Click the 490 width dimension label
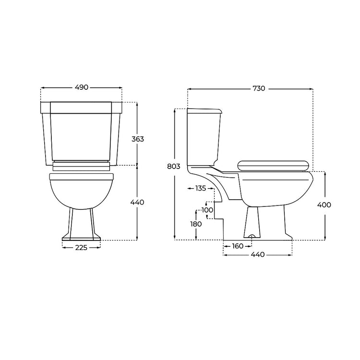pyautogui.click(x=81, y=87)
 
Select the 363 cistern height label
pyautogui.click(x=138, y=139)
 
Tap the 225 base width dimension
pyautogui.click(x=81, y=248)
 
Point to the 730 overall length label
pyautogui.click(x=259, y=88)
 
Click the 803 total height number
pyautogui.click(x=174, y=166)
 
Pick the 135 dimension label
pyautogui.click(x=201, y=188)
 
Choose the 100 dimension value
pyautogui.click(x=207, y=210)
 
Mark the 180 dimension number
pyautogui.click(x=196, y=224)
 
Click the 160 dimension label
pyautogui.click(x=238, y=246)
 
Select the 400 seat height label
pyautogui.click(x=324, y=204)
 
